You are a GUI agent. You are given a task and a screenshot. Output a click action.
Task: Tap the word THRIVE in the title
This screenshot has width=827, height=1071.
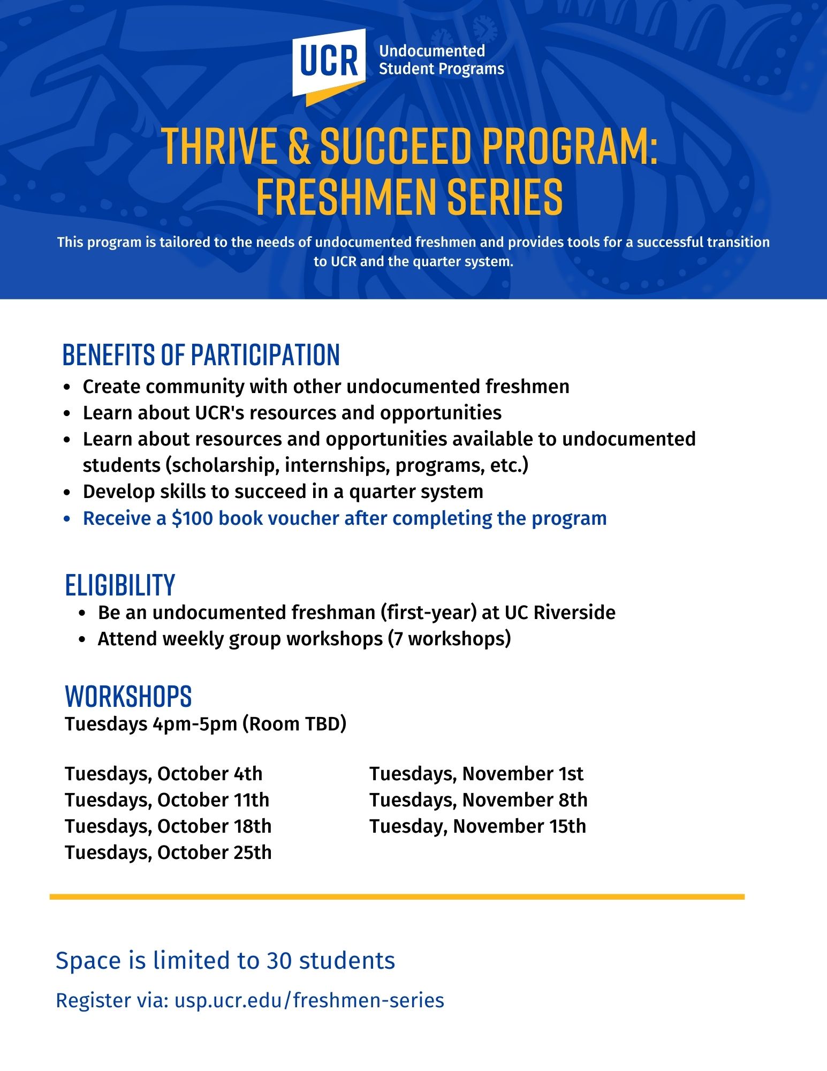219,147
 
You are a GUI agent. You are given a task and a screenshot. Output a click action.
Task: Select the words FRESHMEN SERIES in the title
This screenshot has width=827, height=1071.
409,197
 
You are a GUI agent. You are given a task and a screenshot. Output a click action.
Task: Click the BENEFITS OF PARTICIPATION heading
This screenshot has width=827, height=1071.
201,355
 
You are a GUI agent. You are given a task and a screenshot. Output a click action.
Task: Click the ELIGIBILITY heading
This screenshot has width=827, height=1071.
120,585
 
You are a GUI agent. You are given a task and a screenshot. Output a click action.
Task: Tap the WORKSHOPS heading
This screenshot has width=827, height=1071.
128,696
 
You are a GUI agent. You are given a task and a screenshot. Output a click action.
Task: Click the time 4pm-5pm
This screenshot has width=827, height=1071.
195,724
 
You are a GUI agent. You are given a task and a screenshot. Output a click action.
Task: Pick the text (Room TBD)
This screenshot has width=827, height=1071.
294,724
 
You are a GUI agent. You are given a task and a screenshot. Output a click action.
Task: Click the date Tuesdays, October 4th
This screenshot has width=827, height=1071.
163,774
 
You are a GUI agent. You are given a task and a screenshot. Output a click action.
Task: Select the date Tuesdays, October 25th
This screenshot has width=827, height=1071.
168,853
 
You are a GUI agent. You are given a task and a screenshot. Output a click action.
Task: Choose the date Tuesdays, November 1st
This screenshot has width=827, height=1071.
476,774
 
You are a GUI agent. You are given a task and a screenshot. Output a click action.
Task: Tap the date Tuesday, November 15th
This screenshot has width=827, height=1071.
477,826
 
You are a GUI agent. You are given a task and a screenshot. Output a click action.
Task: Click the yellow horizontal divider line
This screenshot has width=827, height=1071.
397,896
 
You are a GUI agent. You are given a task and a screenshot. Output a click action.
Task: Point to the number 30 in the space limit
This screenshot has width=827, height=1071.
279,961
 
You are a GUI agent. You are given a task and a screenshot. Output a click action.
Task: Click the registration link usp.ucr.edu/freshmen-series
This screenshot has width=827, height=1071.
309,1000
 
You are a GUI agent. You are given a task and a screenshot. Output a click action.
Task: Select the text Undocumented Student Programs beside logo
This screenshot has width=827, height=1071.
441,60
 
